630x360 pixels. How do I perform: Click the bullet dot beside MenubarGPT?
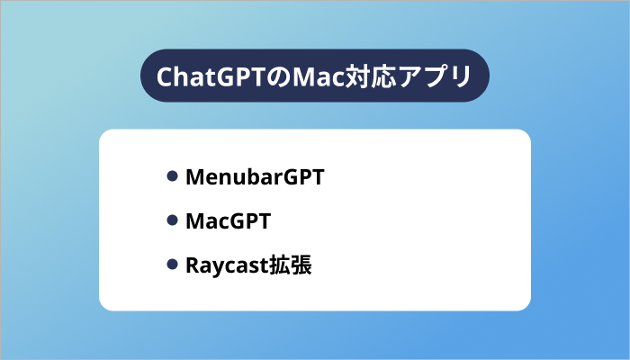point(172,176)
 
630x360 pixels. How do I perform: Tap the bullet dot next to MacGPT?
point(172,220)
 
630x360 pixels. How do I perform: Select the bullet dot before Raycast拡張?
point(172,265)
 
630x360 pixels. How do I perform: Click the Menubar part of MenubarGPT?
point(224,176)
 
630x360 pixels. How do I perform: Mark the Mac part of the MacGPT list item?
point(208,220)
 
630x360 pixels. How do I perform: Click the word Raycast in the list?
point(224,265)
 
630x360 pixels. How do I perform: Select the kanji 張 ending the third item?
point(300,265)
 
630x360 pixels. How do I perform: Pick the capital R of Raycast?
point(192,265)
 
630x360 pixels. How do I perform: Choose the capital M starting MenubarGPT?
point(193,176)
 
